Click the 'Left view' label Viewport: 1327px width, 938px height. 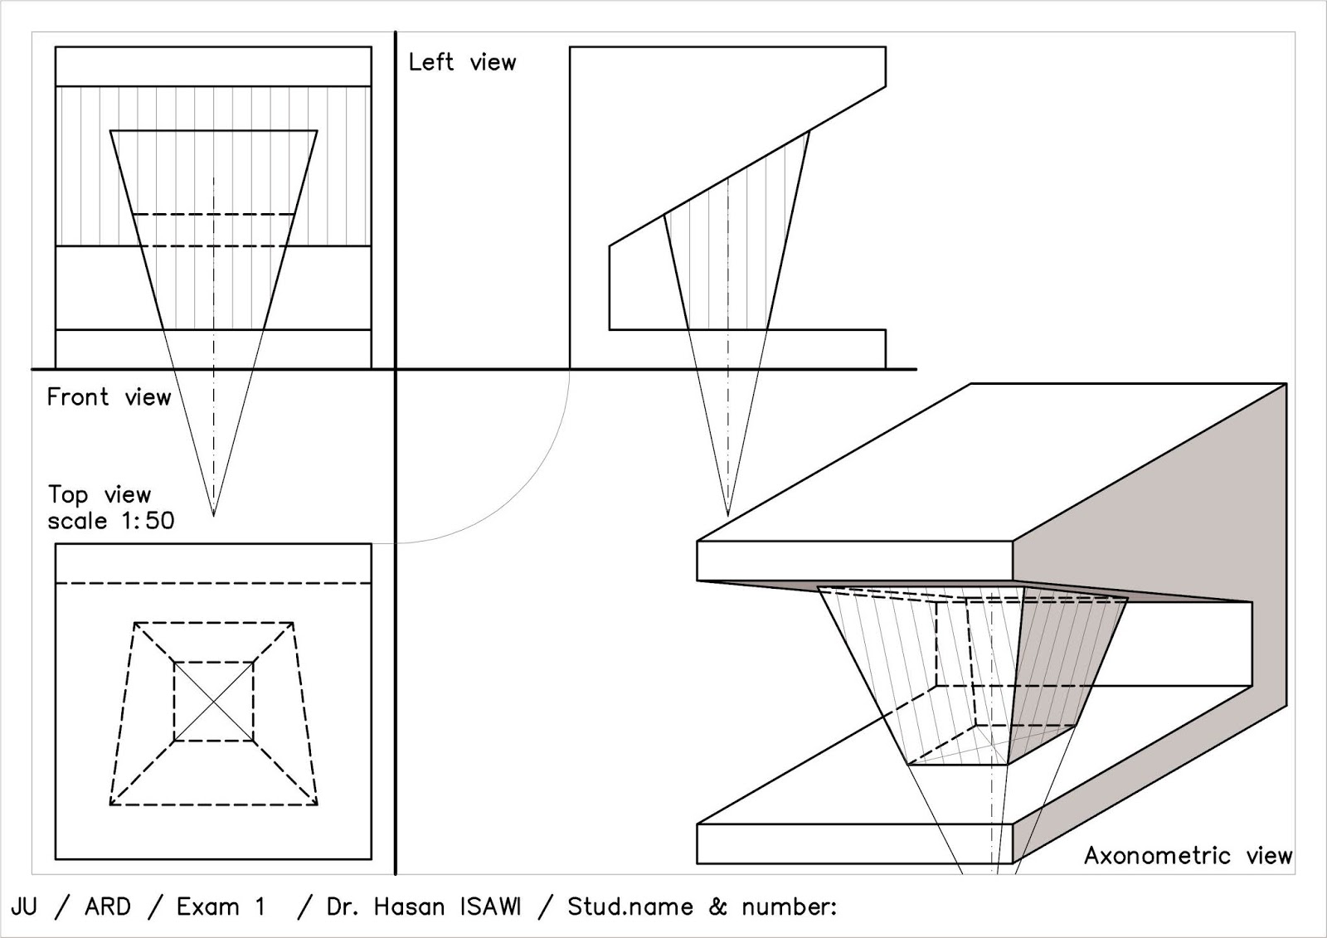point(462,62)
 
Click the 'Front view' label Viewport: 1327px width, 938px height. point(108,397)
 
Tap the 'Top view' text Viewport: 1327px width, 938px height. point(99,495)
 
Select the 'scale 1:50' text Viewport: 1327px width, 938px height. point(110,522)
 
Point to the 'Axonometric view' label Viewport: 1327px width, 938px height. point(1188,856)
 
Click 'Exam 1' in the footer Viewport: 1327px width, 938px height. point(221,906)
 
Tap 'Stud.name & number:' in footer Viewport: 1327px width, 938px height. point(702,906)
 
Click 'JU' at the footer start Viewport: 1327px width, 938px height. point(24,906)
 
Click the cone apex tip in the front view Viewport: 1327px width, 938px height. point(214,515)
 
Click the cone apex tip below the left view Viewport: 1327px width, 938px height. point(728,515)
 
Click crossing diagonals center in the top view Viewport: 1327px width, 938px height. point(214,702)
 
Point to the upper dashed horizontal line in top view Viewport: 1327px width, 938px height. point(214,584)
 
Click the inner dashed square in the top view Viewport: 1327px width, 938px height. point(174,702)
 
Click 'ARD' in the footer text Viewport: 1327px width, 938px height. point(107,906)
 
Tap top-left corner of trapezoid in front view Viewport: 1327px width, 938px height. point(110,130)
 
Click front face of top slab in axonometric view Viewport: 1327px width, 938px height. point(854,561)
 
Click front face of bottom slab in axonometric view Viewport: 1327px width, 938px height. point(854,843)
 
